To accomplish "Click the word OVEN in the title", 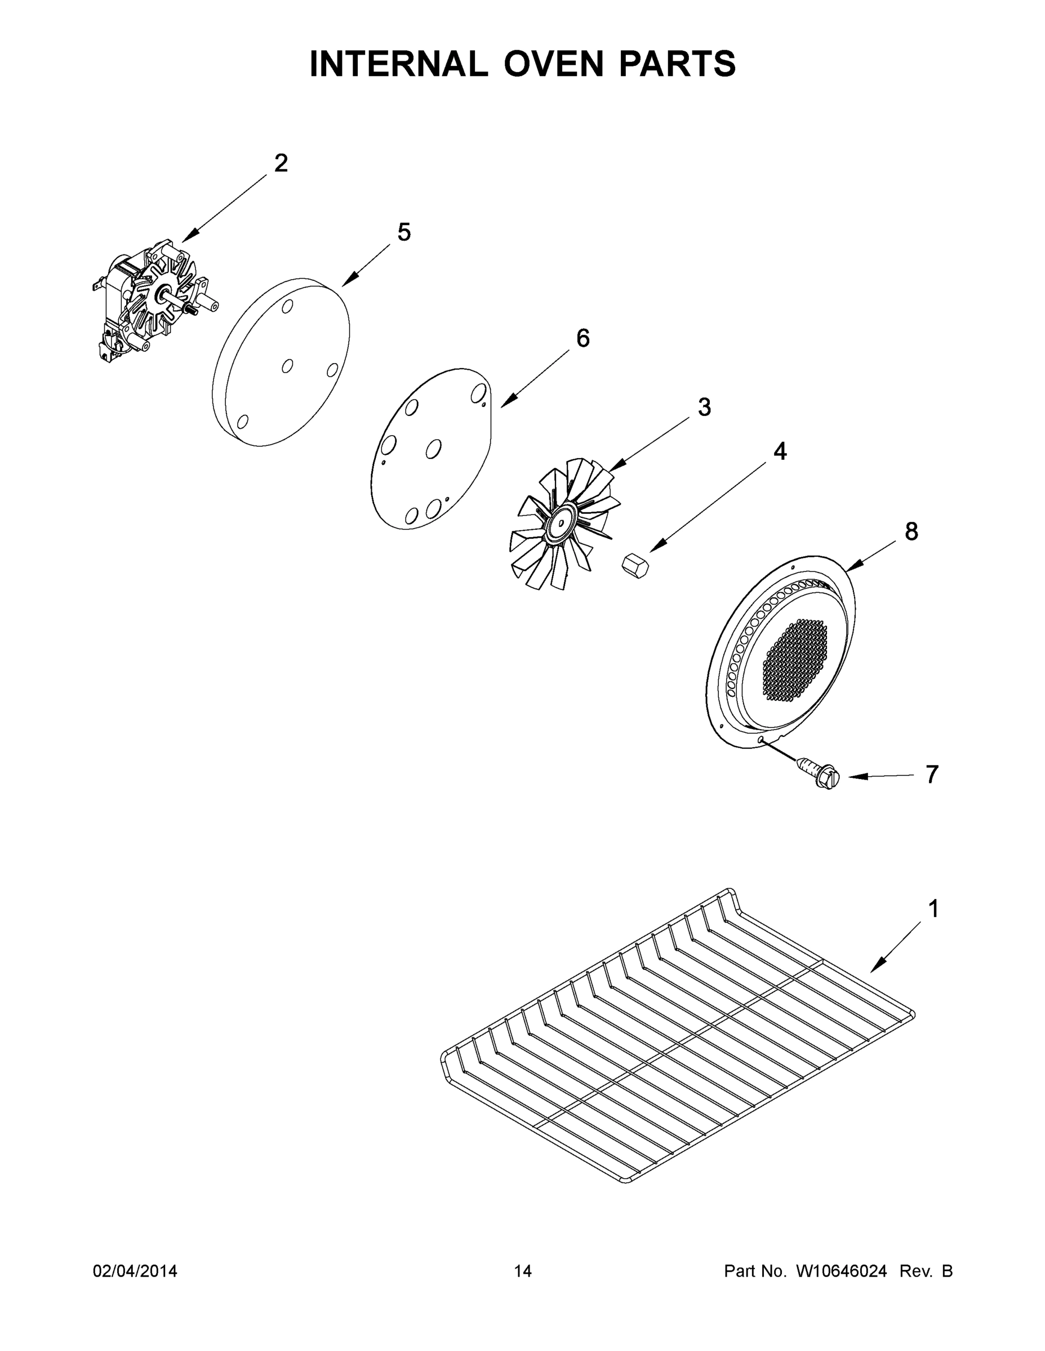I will pyautogui.click(x=553, y=64).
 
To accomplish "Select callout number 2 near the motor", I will pyautogui.click(x=281, y=163).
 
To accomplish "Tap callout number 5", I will pyautogui.click(x=404, y=232).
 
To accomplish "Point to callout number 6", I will pyautogui.click(x=582, y=338).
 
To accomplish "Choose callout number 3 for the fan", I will pyautogui.click(x=704, y=407).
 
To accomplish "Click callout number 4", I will pyautogui.click(x=780, y=451).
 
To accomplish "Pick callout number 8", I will pyautogui.click(x=911, y=531).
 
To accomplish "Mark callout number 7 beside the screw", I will pyautogui.click(x=932, y=774).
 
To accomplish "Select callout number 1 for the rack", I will pyautogui.click(x=933, y=909).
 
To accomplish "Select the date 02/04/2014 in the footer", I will pyautogui.click(x=135, y=1271).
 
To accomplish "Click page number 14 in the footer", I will pyautogui.click(x=523, y=1271).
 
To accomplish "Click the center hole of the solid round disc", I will pyautogui.click(x=287, y=366).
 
